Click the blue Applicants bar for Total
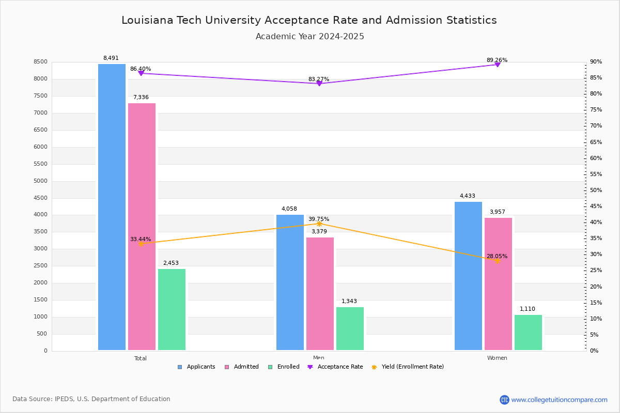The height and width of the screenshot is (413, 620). (112, 206)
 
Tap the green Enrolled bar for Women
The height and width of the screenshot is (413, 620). (528, 332)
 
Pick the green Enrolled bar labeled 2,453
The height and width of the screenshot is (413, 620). (172, 309)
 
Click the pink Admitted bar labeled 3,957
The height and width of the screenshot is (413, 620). (498, 283)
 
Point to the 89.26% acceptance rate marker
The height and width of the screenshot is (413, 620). (498, 65)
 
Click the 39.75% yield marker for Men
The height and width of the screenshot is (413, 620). (319, 224)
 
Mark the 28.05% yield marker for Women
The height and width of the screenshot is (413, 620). (498, 261)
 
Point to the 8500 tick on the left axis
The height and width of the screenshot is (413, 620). (40, 62)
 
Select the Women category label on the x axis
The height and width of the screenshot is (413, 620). (497, 358)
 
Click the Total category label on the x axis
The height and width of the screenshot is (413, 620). (141, 358)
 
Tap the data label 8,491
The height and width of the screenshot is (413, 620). (111, 58)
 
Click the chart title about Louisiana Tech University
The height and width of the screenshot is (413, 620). (309, 20)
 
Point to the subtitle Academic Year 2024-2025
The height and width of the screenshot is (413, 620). (309, 37)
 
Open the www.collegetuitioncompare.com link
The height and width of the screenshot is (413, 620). (559, 400)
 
